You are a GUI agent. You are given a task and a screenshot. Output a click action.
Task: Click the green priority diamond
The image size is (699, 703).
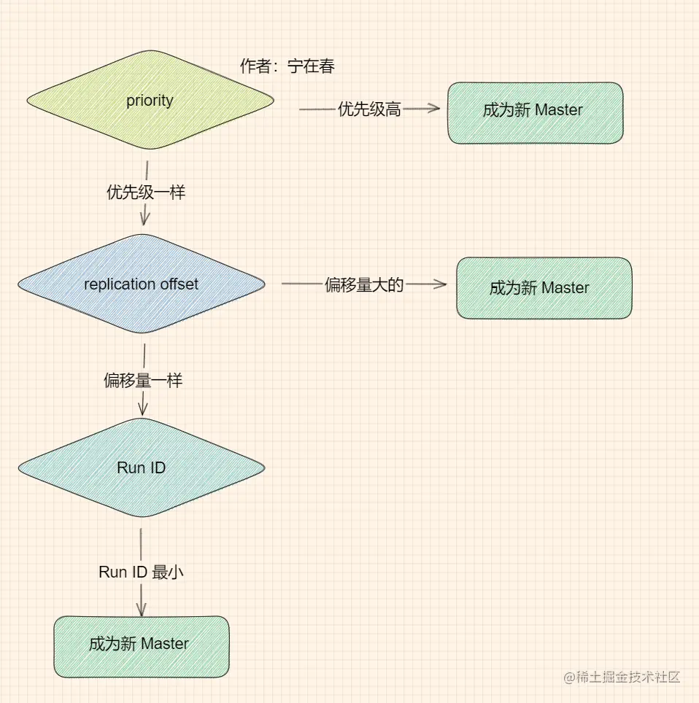click(x=150, y=101)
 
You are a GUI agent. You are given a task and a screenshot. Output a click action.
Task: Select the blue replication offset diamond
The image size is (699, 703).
click(x=141, y=284)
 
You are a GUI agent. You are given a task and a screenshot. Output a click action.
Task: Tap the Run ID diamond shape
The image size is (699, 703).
click(x=141, y=468)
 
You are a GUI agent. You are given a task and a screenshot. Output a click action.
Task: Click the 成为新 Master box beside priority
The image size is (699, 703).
click(x=535, y=112)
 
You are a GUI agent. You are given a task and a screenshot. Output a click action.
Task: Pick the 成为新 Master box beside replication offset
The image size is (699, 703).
click(x=544, y=288)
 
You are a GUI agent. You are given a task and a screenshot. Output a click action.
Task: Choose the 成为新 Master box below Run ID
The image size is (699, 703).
click(x=141, y=646)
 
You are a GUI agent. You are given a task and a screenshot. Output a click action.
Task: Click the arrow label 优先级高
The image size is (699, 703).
click(x=369, y=109)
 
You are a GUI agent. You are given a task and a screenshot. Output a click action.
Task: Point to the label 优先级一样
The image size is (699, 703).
click(x=146, y=193)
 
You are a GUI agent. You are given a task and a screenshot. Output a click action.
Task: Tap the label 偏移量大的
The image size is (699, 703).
click(x=364, y=285)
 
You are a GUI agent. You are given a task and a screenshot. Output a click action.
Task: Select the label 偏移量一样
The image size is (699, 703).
click(x=143, y=381)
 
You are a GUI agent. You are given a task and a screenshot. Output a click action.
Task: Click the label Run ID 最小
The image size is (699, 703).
click(x=141, y=572)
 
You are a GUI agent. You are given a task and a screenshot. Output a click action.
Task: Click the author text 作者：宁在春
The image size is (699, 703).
click(x=287, y=66)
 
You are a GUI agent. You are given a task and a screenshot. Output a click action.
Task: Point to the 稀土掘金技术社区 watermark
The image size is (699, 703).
click(x=622, y=677)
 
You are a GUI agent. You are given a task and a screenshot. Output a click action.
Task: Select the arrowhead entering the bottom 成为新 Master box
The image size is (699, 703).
click(x=141, y=610)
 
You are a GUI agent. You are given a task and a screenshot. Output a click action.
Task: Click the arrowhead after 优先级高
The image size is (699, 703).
click(x=435, y=109)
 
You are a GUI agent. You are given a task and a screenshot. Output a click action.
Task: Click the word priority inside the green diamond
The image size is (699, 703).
click(x=150, y=101)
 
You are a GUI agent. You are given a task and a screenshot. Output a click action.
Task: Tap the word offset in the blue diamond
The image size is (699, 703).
click(x=179, y=284)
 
